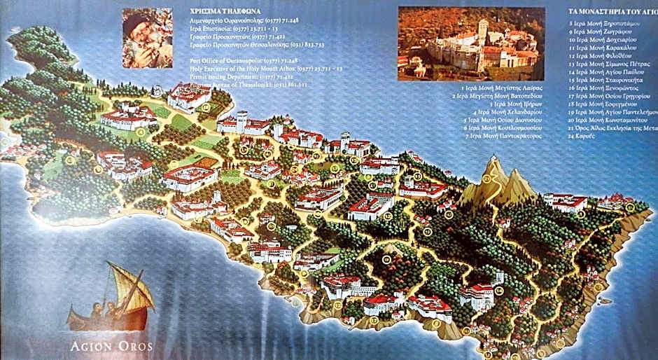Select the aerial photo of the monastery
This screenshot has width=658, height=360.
[467, 43]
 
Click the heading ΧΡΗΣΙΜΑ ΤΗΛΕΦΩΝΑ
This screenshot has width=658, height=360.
[223, 12]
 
